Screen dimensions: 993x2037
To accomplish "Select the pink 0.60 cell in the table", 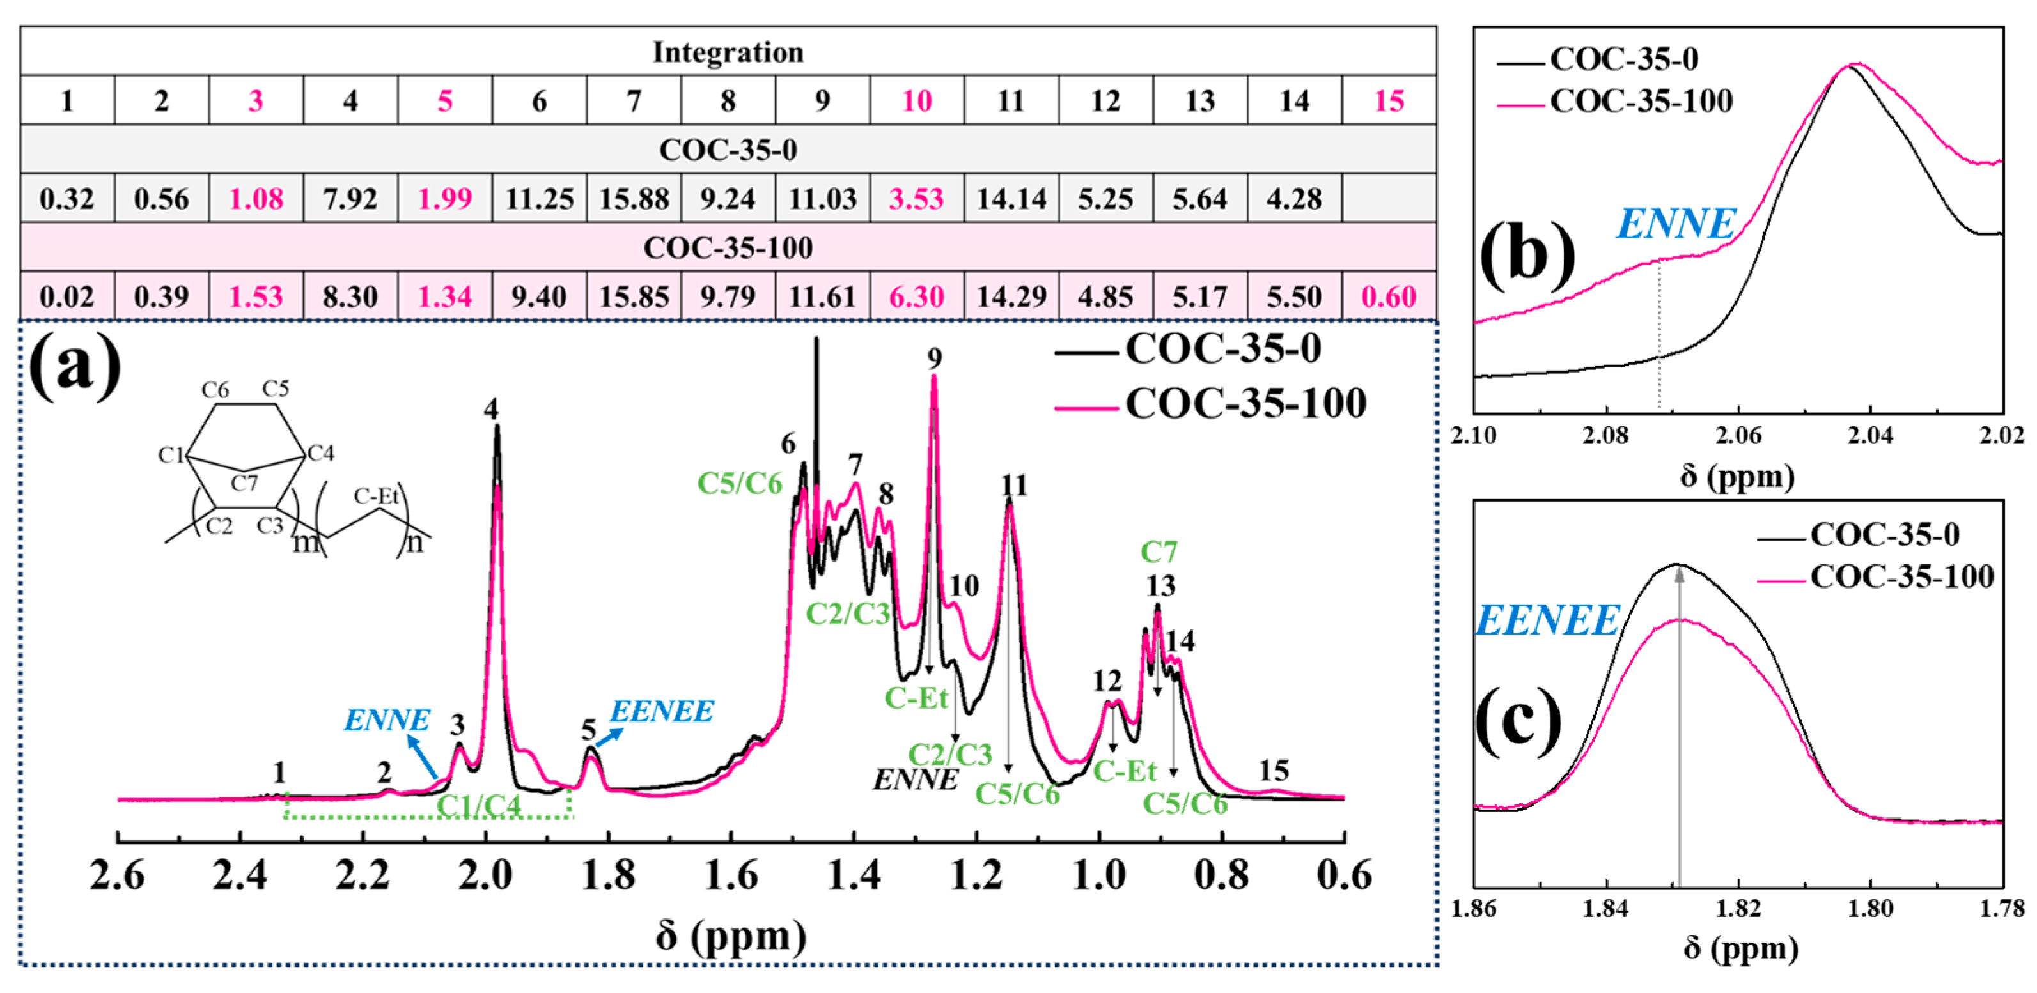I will [x=1389, y=296].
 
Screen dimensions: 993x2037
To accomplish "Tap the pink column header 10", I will [x=916, y=100].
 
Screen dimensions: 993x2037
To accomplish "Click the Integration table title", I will [x=728, y=52].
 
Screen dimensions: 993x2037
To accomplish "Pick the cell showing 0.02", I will [x=67, y=296].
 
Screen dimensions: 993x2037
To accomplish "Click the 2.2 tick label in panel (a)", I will [x=362, y=876].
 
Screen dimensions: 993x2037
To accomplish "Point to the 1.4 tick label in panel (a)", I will [x=854, y=876].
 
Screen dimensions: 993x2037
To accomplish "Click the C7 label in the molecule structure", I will [x=244, y=482].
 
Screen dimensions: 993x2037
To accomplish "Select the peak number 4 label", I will [x=492, y=409].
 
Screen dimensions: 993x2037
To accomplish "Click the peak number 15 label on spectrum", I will [x=1273, y=769].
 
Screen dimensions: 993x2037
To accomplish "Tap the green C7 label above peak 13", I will [x=1159, y=551].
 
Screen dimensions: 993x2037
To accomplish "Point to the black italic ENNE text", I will [x=915, y=780].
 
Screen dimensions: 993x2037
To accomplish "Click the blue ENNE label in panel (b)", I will [x=1676, y=224].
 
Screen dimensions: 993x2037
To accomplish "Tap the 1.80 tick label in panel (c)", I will [x=1870, y=909].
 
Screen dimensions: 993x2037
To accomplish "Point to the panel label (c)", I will [x=1519, y=720].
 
